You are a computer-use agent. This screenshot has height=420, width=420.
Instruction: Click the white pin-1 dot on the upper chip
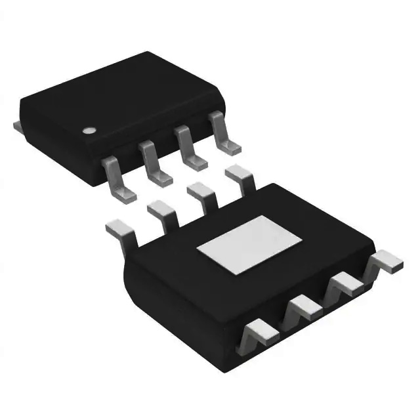tap(88, 129)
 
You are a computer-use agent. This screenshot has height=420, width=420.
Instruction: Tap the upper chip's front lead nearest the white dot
tap(117, 177)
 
